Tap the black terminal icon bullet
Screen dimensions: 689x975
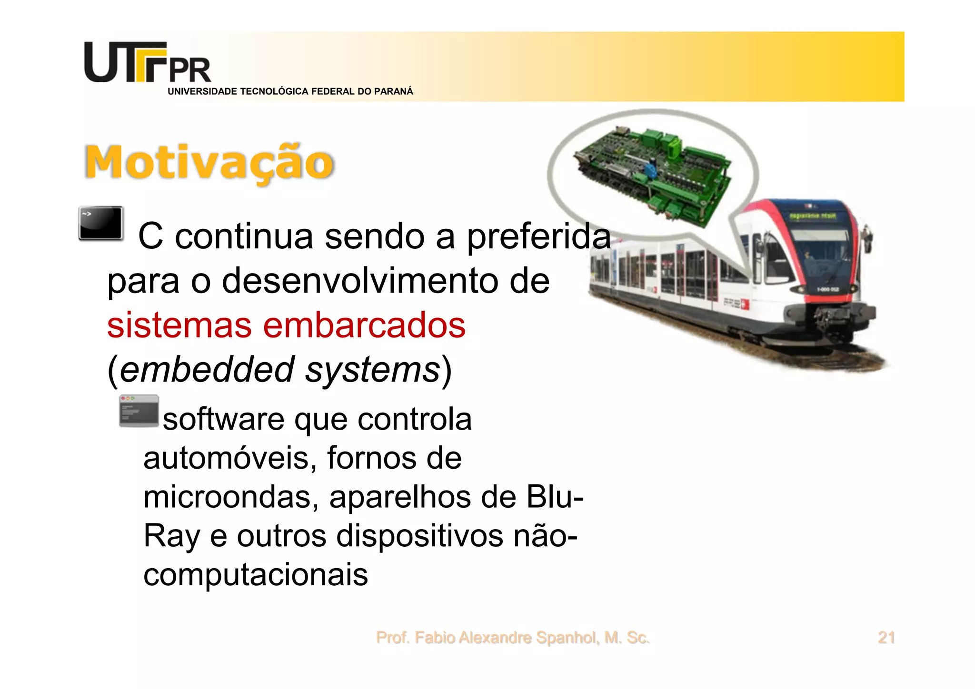tap(101, 223)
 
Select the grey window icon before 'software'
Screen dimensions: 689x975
tap(139, 411)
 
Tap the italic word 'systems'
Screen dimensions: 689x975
tap(373, 370)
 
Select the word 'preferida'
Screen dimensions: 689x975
tap(538, 236)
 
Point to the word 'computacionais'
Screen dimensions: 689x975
tap(256, 575)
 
